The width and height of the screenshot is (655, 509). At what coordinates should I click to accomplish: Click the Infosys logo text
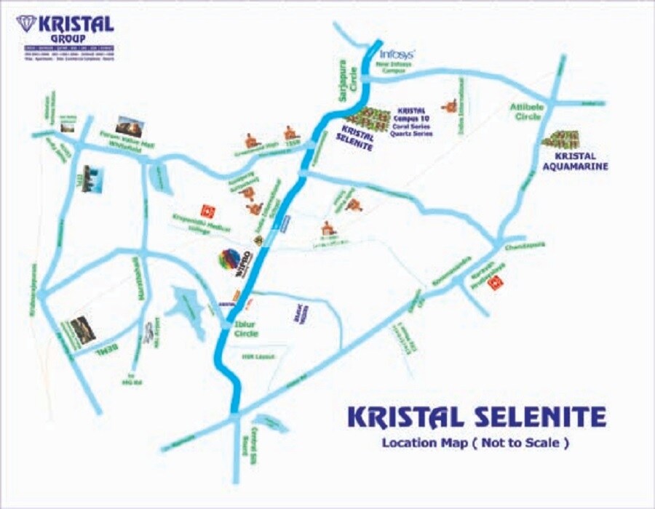(x=398, y=54)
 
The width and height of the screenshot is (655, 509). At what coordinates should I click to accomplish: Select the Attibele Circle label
(x=525, y=111)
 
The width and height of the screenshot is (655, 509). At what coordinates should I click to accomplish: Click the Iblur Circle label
(x=245, y=329)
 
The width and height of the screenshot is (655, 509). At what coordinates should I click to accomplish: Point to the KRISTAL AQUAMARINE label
(x=575, y=161)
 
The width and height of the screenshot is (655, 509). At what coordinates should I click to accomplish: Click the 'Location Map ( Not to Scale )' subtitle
(x=475, y=443)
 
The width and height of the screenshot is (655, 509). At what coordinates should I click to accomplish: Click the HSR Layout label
(x=253, y=357)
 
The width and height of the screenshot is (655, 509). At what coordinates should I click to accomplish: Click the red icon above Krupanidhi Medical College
(x=207, y=210)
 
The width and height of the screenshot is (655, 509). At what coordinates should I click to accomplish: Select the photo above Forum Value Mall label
(x=129, y=124)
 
